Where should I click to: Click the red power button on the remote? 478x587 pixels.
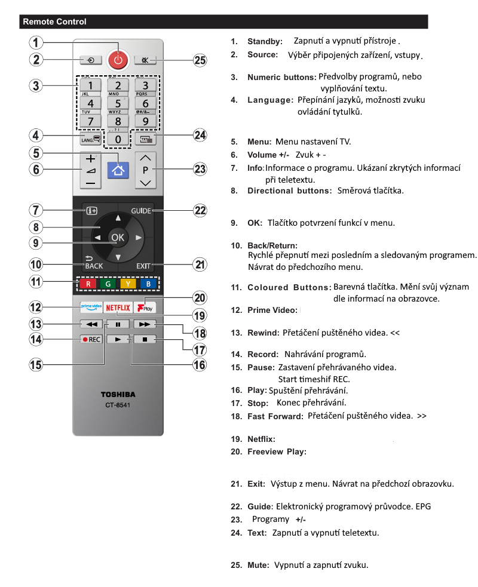[118, 59]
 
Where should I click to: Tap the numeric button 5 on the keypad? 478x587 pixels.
[118, 103]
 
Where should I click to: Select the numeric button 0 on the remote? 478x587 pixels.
[118, 139]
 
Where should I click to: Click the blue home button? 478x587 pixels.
[118, 170]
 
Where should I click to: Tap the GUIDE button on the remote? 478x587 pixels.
[142, 211]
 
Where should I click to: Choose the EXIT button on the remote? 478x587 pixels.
[143, 265]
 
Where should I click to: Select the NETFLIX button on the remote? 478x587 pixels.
[118, 308]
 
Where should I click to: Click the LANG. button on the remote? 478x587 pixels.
[90, 139]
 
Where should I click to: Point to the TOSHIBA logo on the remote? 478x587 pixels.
[118, 395]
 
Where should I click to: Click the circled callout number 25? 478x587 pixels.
[200, 60]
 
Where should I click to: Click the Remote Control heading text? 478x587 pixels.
[54, 22]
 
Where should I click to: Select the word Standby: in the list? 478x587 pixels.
[265, 42]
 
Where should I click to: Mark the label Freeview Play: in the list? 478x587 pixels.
[277, 452]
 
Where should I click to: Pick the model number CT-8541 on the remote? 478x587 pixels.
[118, 406]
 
